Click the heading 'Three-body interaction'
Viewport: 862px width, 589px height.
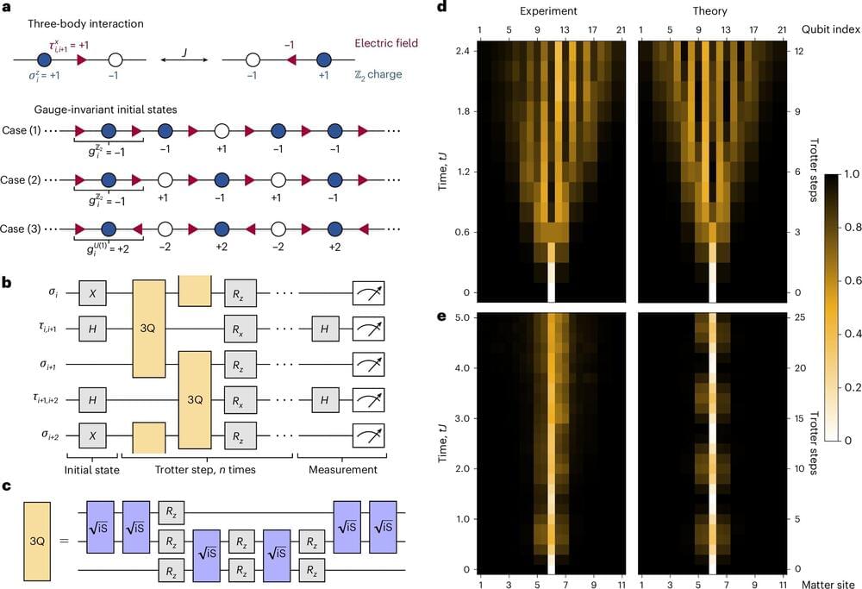pos(85,24)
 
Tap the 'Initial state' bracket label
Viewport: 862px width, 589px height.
pos(91,470)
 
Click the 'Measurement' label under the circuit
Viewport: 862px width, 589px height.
pos(345,470)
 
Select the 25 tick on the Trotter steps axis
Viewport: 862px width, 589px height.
pos(796,317)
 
